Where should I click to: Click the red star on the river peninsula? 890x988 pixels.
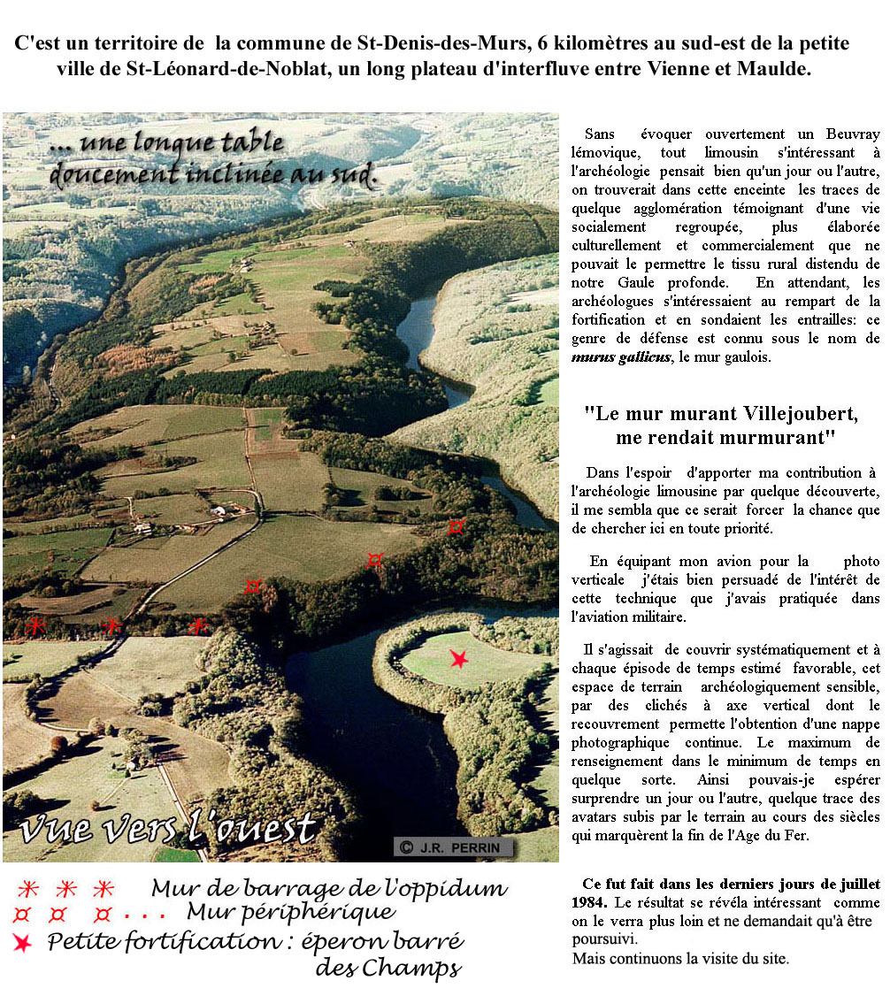tap(458, 659)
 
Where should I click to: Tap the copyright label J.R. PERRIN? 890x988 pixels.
tap(453, 847)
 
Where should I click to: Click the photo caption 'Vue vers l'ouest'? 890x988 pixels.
tap(168, 829)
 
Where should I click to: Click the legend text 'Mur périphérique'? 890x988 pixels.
tap(291, 912)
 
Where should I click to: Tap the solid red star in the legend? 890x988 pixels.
tap(22, 943)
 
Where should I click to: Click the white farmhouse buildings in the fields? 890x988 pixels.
tap(216, 510)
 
